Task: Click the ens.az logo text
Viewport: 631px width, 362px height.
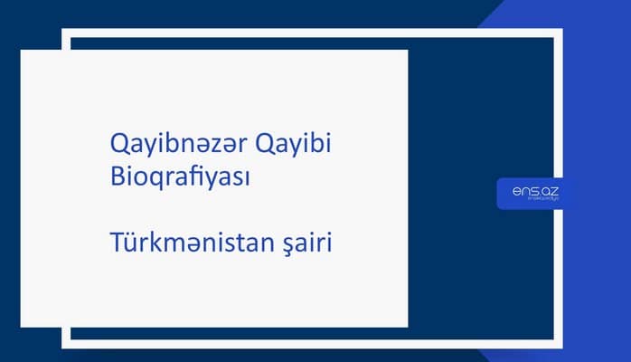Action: [528, 191]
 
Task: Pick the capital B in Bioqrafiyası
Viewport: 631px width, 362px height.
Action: [115, 176]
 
